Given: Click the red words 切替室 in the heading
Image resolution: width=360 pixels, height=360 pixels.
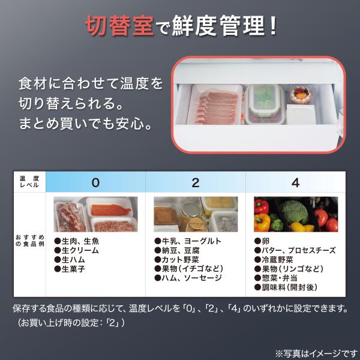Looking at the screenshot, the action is click(119, 26).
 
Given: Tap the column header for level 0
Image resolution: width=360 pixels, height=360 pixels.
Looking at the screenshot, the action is click(95, 183).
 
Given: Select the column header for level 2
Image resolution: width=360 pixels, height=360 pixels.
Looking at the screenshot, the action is click(196, 183).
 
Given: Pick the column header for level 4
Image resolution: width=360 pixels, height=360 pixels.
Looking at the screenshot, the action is click(295, 183).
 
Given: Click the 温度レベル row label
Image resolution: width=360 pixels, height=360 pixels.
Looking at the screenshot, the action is click(29, 182).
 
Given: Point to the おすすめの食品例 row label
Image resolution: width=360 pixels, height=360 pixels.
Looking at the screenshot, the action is click(29, 241).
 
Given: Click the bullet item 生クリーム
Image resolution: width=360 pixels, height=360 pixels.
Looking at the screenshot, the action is click(76, 250).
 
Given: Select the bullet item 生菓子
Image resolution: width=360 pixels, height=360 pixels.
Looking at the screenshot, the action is click(70, 269).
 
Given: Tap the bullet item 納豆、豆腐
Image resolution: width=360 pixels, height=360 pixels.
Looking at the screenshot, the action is click(177, 250).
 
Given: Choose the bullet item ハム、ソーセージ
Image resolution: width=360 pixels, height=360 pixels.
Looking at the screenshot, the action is click(188, 278).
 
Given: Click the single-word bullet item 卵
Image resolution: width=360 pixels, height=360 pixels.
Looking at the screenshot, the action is click(262, 241).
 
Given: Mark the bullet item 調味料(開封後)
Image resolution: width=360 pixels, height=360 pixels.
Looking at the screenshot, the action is click(286, 287).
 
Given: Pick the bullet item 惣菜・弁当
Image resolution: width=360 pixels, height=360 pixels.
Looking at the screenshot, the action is click(276, 278).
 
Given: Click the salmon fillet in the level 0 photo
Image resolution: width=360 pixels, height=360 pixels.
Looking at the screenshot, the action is click(110, 210).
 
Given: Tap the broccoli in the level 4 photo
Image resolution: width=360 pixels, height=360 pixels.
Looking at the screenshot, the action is click(295, 212).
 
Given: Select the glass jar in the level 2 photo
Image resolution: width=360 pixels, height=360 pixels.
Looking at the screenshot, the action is click(192, 216).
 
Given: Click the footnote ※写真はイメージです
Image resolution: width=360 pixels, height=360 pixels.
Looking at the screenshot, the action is click(317, 353).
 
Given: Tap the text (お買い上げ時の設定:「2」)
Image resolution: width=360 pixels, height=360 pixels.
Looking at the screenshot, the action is click(71, 323).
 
